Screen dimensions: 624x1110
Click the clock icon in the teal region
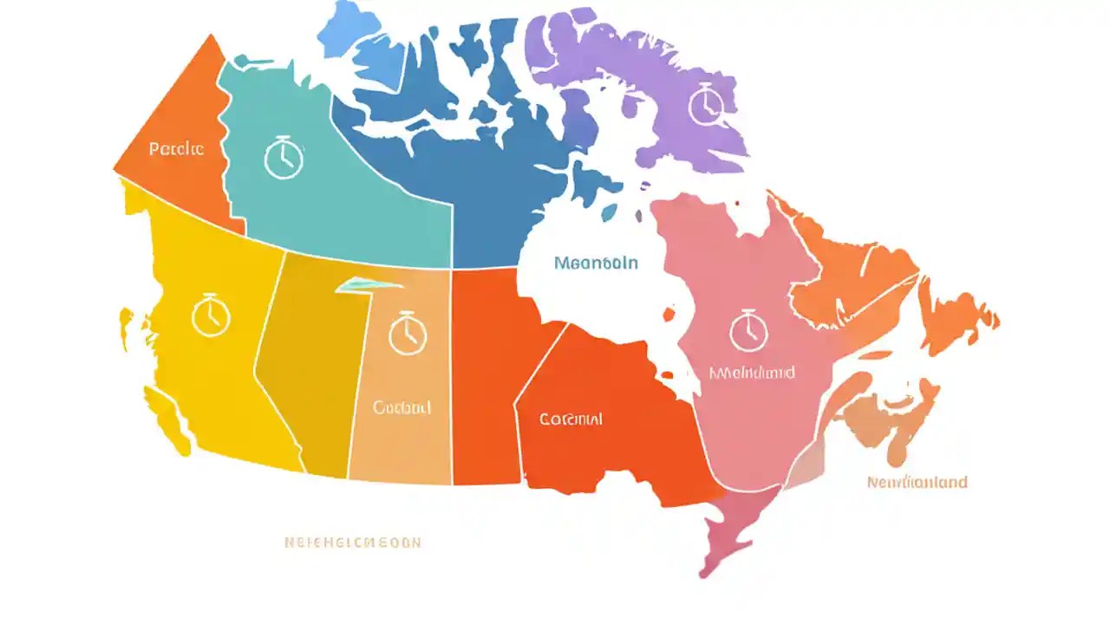pos(283,158)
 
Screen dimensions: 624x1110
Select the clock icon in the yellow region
pos(210,315)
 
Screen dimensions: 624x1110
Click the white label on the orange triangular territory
pos(176,149)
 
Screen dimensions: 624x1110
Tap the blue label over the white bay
pos(596,262)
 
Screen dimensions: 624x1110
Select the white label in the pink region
pos(752,374)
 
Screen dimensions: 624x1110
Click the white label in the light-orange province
pos(402,406)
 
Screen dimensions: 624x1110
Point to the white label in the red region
pos(571,419)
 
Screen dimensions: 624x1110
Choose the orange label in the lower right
pos(917,482)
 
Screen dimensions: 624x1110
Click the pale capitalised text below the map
pos(352,543)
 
